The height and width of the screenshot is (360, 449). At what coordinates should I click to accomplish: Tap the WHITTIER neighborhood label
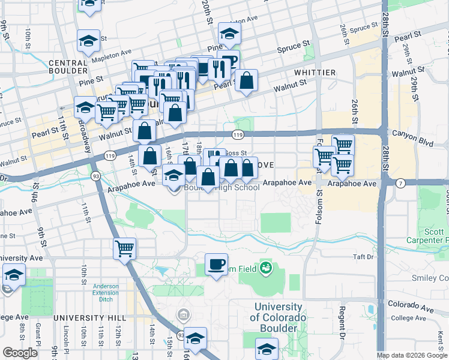315,73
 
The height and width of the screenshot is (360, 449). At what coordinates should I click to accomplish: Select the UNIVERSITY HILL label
89,317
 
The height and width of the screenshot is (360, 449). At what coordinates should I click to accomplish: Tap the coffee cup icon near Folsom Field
216,263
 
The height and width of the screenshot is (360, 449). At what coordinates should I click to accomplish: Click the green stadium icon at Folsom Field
265,267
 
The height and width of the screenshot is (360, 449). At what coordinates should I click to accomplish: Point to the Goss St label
235,154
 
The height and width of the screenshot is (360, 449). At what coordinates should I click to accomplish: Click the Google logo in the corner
20,353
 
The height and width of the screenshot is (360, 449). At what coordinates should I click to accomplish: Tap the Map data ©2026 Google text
412,355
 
